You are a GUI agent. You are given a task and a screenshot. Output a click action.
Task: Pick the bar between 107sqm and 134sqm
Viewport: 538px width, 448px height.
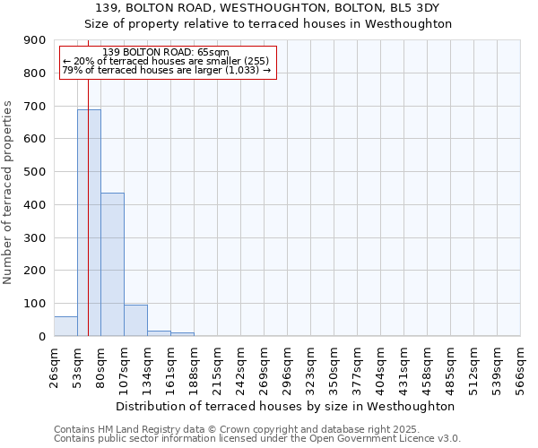(x=135, y=321)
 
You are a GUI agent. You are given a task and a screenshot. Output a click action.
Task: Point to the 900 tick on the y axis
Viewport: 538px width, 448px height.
(x=35, y=40)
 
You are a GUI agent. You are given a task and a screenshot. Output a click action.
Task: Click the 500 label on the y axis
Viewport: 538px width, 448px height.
(x=35, y=172)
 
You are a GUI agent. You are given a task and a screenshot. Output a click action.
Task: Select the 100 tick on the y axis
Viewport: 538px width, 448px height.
(x=35, y=304)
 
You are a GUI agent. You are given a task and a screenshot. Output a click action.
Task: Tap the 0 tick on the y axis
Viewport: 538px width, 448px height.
(x=42, y=337)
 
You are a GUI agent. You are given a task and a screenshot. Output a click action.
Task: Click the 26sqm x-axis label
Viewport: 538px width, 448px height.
(x=54, y=365)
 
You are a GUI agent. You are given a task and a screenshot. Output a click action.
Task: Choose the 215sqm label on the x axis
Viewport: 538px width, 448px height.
(x=217, y=365)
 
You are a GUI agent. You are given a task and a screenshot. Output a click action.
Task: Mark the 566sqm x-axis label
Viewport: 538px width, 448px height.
(x=520, y=365)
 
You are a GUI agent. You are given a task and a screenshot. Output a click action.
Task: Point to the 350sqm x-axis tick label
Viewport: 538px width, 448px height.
(x=334, y=365)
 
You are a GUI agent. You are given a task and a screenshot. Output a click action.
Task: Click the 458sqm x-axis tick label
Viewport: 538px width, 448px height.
(x=427, y=365)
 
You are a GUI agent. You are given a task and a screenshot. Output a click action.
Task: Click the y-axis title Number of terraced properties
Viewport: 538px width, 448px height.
(x=8, y=193)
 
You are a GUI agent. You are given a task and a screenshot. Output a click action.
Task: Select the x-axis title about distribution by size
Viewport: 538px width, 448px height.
(x=286, y=406)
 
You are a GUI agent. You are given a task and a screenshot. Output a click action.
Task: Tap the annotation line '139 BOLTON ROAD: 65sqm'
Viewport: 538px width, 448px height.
(x=166, y=53)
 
